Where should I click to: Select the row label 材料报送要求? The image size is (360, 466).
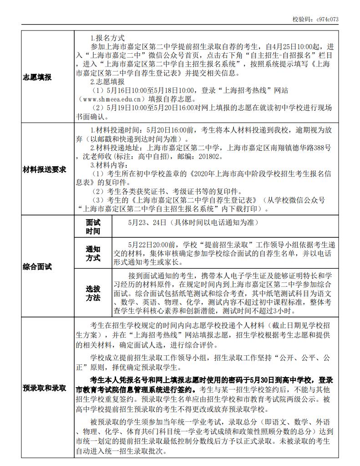[x=45, y=169]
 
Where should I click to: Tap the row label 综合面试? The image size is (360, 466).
[x=37, y=266]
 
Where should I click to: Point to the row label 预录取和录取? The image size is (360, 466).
[x=45, y=388]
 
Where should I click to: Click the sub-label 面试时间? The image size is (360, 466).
[x=93, y=226]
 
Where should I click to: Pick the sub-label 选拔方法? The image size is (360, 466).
[x=93, y=293]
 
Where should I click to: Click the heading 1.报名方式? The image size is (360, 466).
[x=107, y=38]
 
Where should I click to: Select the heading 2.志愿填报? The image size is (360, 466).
[x=107, y=82]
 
